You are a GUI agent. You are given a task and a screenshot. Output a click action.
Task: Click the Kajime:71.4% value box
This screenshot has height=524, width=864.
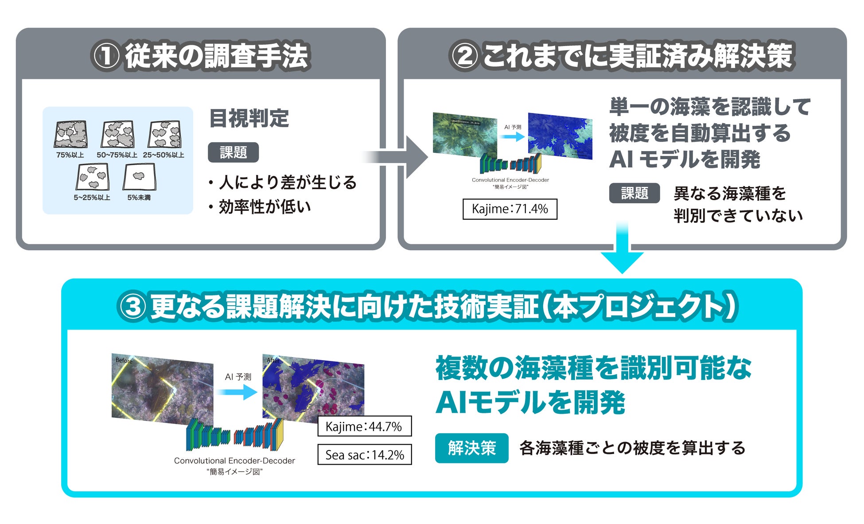[x=510, y=209]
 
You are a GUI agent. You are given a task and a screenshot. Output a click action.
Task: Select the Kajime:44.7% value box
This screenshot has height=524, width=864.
[x=364, y=426]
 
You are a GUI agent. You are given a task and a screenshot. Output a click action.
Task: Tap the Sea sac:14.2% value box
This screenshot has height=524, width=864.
[x=364, y=454]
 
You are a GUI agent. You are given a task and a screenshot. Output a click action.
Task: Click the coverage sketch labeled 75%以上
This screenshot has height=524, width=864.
[x=70, y=135]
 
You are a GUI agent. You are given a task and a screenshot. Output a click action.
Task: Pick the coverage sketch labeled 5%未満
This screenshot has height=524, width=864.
[x=139, y=177]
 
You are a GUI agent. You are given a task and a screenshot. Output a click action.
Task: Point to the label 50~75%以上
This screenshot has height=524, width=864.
[x=117, y=155]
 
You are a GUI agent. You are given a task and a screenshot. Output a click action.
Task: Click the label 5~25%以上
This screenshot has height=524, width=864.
[x=92, y=198]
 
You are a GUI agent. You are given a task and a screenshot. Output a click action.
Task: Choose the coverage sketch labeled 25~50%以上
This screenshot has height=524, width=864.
[x=164, y=135]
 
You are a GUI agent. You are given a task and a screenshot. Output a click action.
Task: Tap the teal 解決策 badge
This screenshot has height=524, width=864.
[x=471, y=448]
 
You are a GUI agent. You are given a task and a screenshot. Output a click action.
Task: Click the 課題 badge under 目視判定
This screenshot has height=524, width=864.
[x=233, y=152]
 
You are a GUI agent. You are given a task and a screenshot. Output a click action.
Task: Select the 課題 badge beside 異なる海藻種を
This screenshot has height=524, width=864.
[x=634, y=193]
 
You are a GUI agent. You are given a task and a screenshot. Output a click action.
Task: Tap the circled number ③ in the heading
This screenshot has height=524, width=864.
[x=132, y=307]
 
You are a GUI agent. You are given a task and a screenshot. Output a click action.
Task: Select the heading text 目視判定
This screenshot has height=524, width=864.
[x=249, y=118]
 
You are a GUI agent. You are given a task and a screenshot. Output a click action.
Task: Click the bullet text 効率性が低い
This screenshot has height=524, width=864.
[x=265, y=207]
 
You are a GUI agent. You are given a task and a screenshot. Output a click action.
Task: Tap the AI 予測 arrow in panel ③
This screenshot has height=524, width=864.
[x=237, y=392]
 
